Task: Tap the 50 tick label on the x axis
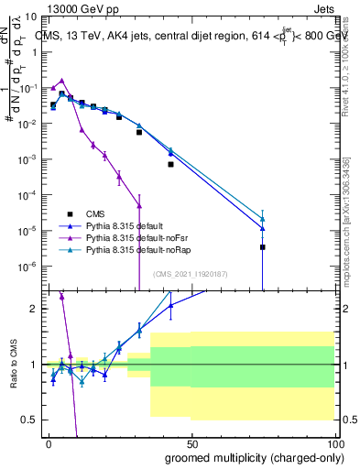click(x=191, y=442)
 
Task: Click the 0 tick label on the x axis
click(x=49, y=442)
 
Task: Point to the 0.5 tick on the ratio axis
click(x=31, y=420)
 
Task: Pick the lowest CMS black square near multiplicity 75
click(x=262, y=246)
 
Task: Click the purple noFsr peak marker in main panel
click(x=61, y=81)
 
